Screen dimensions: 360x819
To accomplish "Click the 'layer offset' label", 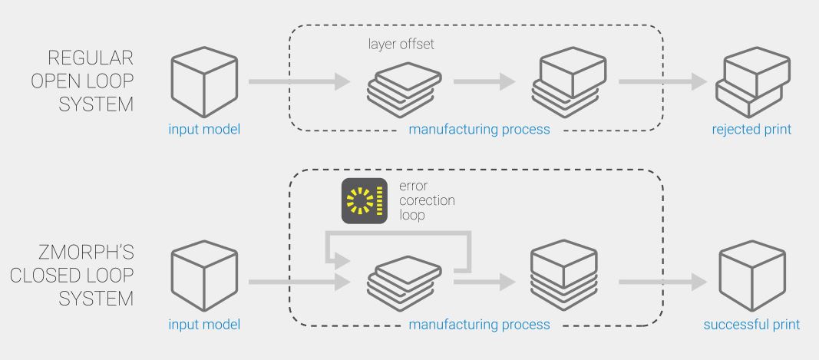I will [401, 45].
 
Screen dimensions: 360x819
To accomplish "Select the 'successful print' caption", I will [751, 324].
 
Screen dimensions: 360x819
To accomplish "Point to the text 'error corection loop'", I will [427, 201].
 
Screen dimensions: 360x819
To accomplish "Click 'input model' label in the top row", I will [204, 129].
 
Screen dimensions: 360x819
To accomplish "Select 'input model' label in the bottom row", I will [204, 324].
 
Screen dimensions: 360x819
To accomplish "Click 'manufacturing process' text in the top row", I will [479, 129].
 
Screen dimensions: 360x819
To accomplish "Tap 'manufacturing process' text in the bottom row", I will [479, 324].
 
